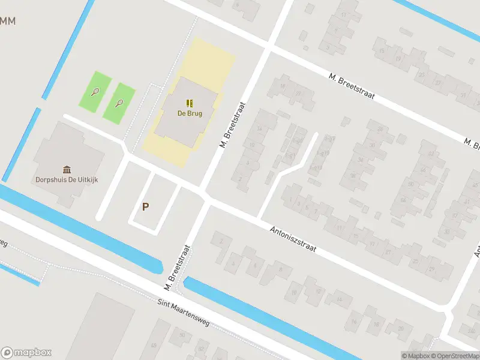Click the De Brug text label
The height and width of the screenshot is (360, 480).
click(x=190, y=113)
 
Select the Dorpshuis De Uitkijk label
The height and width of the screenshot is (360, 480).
click(x=67, y=179)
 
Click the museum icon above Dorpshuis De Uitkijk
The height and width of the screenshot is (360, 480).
click(x=67, y=169)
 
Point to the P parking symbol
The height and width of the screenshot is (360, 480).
click(x=145, y=206)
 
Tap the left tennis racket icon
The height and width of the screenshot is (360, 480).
click(x=95, y=92)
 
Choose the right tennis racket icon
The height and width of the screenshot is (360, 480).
click(x=119, y=103)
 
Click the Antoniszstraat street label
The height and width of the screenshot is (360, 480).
click(x=293, y=238)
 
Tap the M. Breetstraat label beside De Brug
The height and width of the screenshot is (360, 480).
click(x=232, y=125)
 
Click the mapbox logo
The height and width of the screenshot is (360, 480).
click(x=26, y=353)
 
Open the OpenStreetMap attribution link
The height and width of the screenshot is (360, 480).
click(x=456, y=356)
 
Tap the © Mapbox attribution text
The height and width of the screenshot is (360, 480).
click(x=416, y=356)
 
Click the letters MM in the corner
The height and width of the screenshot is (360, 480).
click(x=8, y=21)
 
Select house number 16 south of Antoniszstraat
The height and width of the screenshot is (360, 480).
click(x=355, y=322)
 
